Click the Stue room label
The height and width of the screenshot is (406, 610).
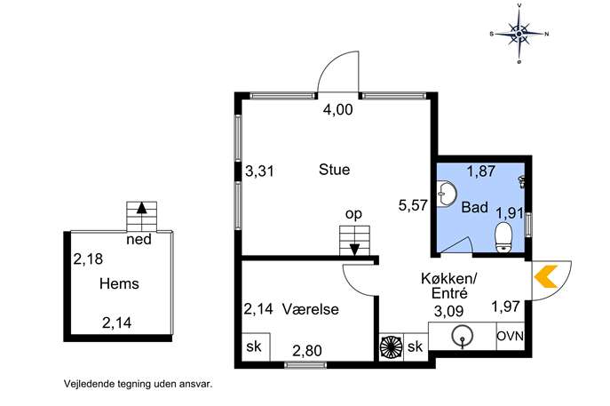[334, 170]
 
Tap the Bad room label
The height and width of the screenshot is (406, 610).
[475, 207]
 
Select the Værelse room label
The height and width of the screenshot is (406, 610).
[310, 309]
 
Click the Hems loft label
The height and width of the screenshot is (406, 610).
[119, 283]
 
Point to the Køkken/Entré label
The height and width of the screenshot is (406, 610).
[449, 286]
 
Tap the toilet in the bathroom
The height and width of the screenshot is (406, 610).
[503, 236]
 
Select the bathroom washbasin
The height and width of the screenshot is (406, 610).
[447, 193]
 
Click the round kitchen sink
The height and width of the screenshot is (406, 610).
[463, 335]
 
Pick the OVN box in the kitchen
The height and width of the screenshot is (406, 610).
[511, 336]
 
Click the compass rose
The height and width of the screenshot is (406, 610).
[519, 34]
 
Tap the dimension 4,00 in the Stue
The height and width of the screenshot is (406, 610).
[338, 110]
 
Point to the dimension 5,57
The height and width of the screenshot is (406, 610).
[413, 205]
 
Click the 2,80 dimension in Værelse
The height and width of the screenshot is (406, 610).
[307, 351]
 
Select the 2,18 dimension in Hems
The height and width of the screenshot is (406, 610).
[88, 259]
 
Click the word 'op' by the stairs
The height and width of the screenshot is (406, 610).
[353, 214]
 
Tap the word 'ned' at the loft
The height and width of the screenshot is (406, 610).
[139, 239]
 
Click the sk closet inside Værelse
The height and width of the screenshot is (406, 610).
[255, 346]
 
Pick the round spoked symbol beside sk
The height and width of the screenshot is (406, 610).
[391, 346]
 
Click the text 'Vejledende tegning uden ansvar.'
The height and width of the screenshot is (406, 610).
[139, 384]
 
